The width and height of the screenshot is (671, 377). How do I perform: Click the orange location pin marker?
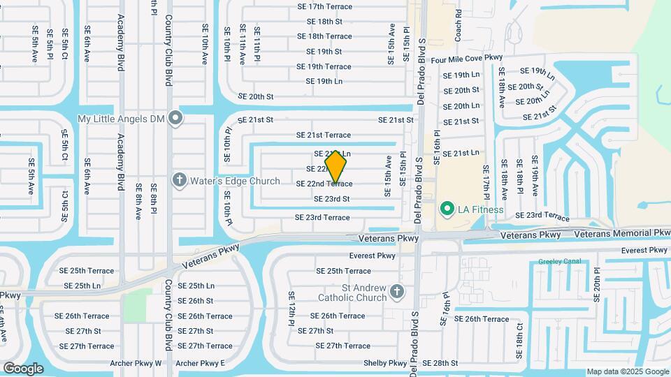click(x=336, y=166)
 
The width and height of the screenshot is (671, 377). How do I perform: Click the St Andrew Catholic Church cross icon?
click(x=397, y=291)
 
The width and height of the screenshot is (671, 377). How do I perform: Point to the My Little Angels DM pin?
click(x=175, y=119)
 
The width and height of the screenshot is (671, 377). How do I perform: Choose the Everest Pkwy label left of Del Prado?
click(x=373, y=256)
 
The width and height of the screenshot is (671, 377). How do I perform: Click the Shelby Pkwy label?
click(x=385, y=363)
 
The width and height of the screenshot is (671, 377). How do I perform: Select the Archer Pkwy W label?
click(x=136, y=363)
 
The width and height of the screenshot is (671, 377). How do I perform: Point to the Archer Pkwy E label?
click(x=201, y=363)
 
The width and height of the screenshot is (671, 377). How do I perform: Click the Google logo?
click(x=24, y=368)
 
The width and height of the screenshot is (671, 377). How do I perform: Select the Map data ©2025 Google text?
click(x=627, y=371)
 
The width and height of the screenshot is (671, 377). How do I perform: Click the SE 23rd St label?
click(x=331, y=199)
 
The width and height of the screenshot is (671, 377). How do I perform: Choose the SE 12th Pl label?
click(x=291, y=309)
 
